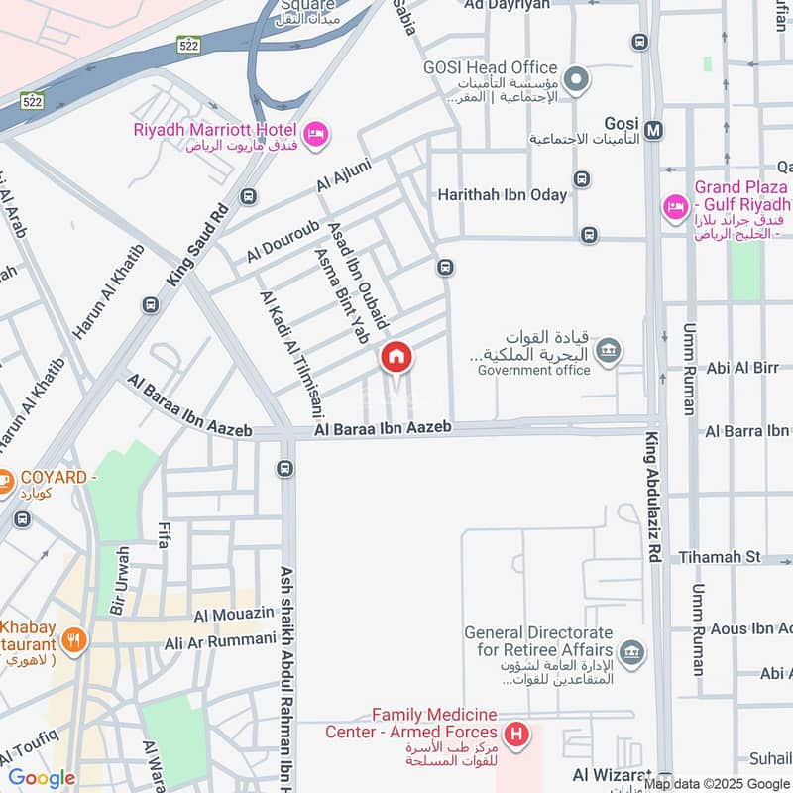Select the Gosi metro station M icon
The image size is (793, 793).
pyautogui.click(x=654, y=129)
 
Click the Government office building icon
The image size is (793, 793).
pyautogui.click(x=609, y=349)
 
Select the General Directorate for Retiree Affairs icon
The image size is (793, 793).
pyautogui.click(x=630, y=652)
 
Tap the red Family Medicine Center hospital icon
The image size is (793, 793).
pyautogui.click(x=515, y=735)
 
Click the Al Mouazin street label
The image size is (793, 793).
pyautogui.click(x=233, y=616)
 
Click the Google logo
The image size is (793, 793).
pyautogui.click(x=42, y=778)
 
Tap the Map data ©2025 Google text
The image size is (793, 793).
pyautogui.click(x=716, y=783)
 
